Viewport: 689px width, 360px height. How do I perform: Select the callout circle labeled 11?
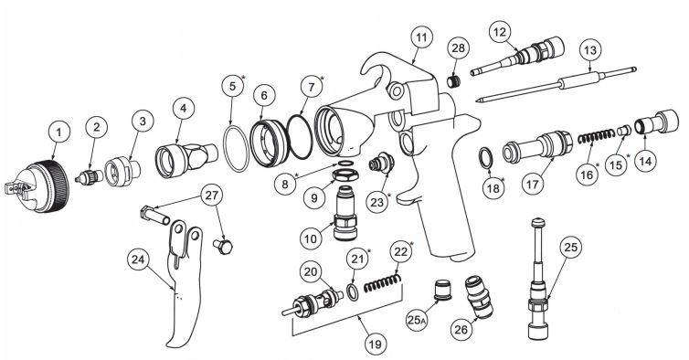(421, 37)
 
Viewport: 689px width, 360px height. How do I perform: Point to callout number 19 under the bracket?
(375, 343)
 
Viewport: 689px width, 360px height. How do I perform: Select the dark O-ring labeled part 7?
(300, 137)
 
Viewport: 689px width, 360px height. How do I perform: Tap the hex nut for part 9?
(344, 175)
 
